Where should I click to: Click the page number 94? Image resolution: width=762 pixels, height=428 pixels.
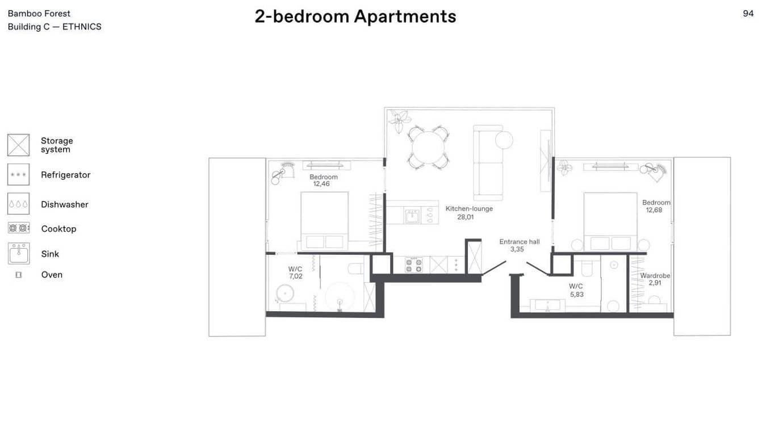(748, 14)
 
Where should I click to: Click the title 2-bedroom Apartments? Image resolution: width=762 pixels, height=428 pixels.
(355, 16)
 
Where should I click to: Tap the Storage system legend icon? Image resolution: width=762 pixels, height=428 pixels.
(19, 145)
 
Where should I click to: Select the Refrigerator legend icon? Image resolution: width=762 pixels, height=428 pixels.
(19, 175)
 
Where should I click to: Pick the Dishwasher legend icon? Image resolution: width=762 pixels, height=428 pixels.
(19, 204)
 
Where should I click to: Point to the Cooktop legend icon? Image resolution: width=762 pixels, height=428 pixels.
(19, 228)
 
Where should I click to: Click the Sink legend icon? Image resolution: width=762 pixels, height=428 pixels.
(19, 253)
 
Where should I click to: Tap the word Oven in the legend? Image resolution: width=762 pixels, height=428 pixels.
(52, 275)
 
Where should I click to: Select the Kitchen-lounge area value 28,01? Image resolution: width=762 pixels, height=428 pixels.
(466, 217)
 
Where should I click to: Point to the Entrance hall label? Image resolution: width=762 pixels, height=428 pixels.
(520, 242)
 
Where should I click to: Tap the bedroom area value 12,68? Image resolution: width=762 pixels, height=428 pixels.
(654, 210)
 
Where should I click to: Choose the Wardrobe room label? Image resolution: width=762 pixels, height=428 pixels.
(655, 276)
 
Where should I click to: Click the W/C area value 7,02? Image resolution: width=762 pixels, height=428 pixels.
(296, 276)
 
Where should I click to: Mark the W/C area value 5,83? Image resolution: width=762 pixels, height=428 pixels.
(577, 295)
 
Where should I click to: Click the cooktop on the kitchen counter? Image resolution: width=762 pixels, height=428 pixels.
(414, 265)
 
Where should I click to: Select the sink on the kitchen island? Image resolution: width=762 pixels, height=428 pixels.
(412, 216)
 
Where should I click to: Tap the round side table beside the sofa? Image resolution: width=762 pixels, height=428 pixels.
(504, 140)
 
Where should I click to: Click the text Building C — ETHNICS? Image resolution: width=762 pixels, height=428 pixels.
(55, 27)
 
